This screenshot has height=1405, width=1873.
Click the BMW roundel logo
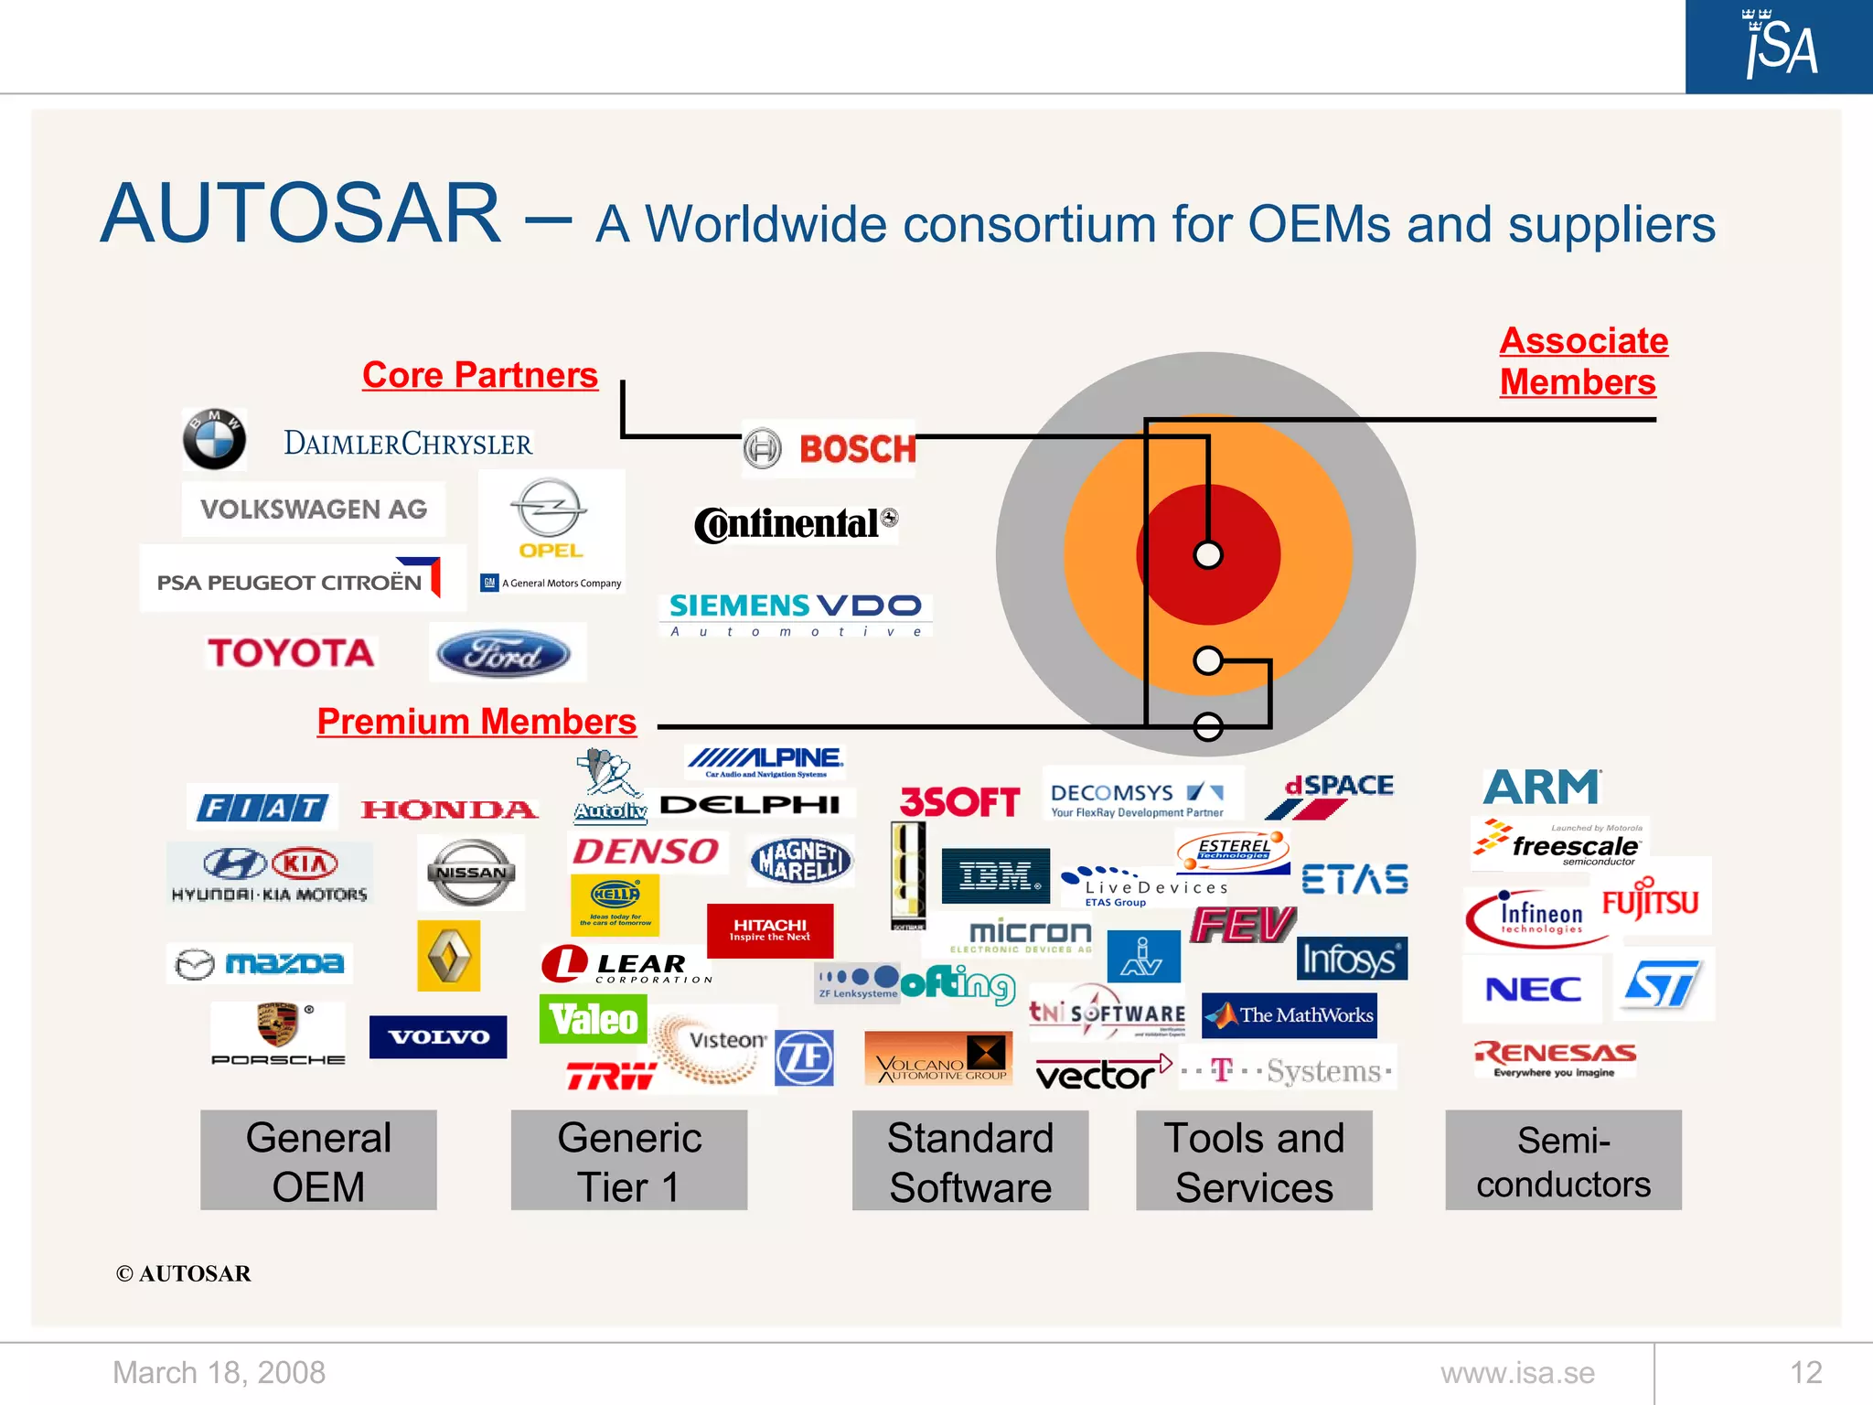tap(214, 439)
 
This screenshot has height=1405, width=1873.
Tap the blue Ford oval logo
tap(504, 654)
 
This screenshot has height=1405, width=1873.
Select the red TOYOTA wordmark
tap(291, 653)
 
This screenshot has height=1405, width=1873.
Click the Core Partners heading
tap(479, 375)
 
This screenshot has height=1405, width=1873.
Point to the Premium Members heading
tap(476, 722)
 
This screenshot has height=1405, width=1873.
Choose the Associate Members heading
tap(1583, 361)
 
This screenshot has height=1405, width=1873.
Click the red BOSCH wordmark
tap(857, 449)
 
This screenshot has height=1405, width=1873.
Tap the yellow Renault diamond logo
tap(448, 956)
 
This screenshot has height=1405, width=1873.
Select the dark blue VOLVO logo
tap(438, 1037)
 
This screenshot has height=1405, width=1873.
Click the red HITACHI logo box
tap(770, 930)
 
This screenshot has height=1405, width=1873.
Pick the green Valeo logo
tap(594, 1019)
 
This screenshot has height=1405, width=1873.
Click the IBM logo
tap(996, 876)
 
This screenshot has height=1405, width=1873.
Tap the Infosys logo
tap(1351, 959)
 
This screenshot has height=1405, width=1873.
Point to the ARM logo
tap(1542, 787)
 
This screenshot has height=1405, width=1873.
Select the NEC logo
tap(1533, 989)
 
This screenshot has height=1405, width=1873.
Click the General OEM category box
tap(318, 1161)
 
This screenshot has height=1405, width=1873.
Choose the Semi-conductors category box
tap(1563, 1161)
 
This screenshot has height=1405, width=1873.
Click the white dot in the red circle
tap(1208, 555)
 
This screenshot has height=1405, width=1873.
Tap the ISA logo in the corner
tap(1779, 46)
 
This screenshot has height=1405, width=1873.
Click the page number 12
tap(1805, 1373)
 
